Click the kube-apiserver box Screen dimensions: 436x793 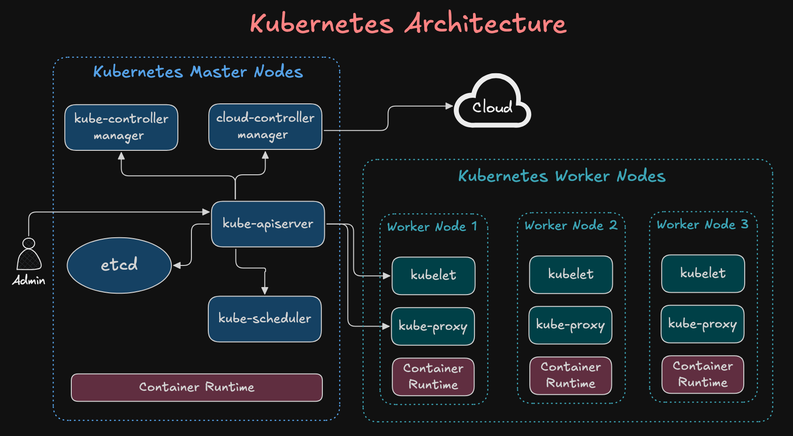[x=267, y=224]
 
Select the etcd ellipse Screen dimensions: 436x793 [x=119, y=265]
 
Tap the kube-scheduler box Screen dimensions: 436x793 [x=265, y=319]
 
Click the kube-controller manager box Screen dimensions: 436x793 [x=121, y=127]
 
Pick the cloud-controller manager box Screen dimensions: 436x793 [x=265, y=127]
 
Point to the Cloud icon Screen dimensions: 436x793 [x=492, y=103]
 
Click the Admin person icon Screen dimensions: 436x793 [x=29, y=256]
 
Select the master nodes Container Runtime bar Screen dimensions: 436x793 [x=197, y=388]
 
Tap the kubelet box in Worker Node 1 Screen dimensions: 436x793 [x=433, y=276]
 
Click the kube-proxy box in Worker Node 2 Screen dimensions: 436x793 [x=570, y=325]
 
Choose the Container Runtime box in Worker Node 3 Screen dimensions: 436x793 [x=702, y=374]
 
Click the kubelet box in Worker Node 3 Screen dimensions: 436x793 [x=702, y=273]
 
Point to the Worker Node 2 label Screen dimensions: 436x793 [x=571, y=226]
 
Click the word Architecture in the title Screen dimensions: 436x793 [x=486, y=23]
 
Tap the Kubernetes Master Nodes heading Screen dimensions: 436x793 [x=198, y=72]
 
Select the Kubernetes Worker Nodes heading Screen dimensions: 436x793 [x=562, y=176]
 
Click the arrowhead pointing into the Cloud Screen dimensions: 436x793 [x=449, y=106]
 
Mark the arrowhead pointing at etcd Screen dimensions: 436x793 [x=177, y=265]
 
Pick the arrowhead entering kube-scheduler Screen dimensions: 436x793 [x=265, y=291]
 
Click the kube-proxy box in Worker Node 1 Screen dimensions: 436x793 [x=433, y=327]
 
